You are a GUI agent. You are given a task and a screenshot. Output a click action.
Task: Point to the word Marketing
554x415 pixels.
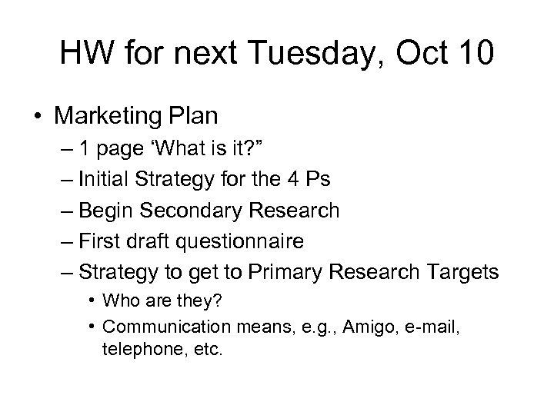pyautogui.click(x=108, y=117)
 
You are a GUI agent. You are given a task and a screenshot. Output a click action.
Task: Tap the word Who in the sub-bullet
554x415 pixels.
pyautogui.click(x=118, y=302)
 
